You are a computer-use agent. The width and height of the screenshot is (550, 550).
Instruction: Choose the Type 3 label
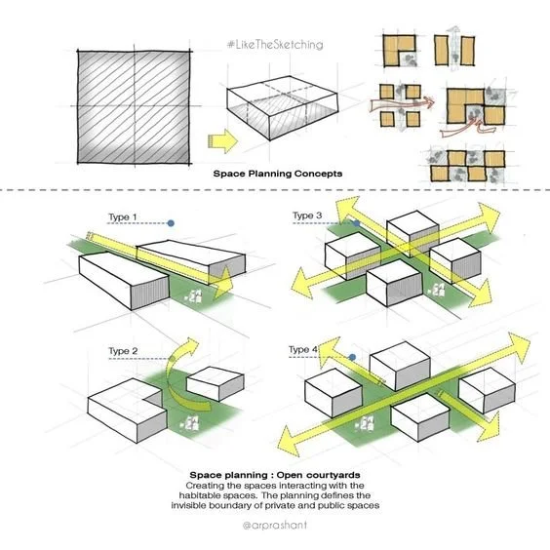click(307, 216)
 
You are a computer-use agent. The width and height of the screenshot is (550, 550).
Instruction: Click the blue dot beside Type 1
click(171, 223)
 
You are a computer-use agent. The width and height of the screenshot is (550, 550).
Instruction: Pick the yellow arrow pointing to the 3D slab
click(223, 142)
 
